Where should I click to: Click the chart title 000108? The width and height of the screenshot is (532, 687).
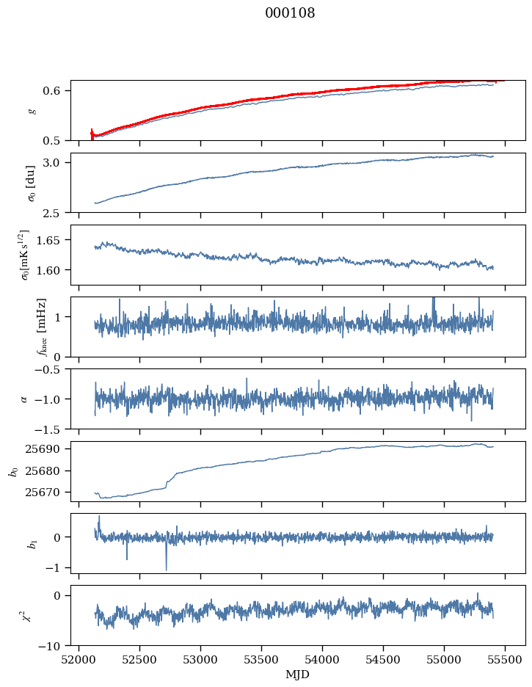tap(290, 12)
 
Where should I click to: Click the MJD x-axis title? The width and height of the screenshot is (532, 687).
tap(297, 675)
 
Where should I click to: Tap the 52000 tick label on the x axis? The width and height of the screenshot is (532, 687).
tap(79, 660)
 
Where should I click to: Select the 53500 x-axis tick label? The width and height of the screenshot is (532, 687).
tap(261, 660)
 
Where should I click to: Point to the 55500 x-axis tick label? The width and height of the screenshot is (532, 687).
tap(505, 660)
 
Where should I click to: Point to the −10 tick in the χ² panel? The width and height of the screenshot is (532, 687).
tap(52, 646)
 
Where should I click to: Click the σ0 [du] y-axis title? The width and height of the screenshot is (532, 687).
tap(31, 183)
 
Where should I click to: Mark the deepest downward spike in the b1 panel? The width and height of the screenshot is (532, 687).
tap(167, 569)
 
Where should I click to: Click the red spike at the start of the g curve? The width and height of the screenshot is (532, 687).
tap(92, 134)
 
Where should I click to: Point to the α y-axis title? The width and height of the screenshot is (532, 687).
tap(24, 399)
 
